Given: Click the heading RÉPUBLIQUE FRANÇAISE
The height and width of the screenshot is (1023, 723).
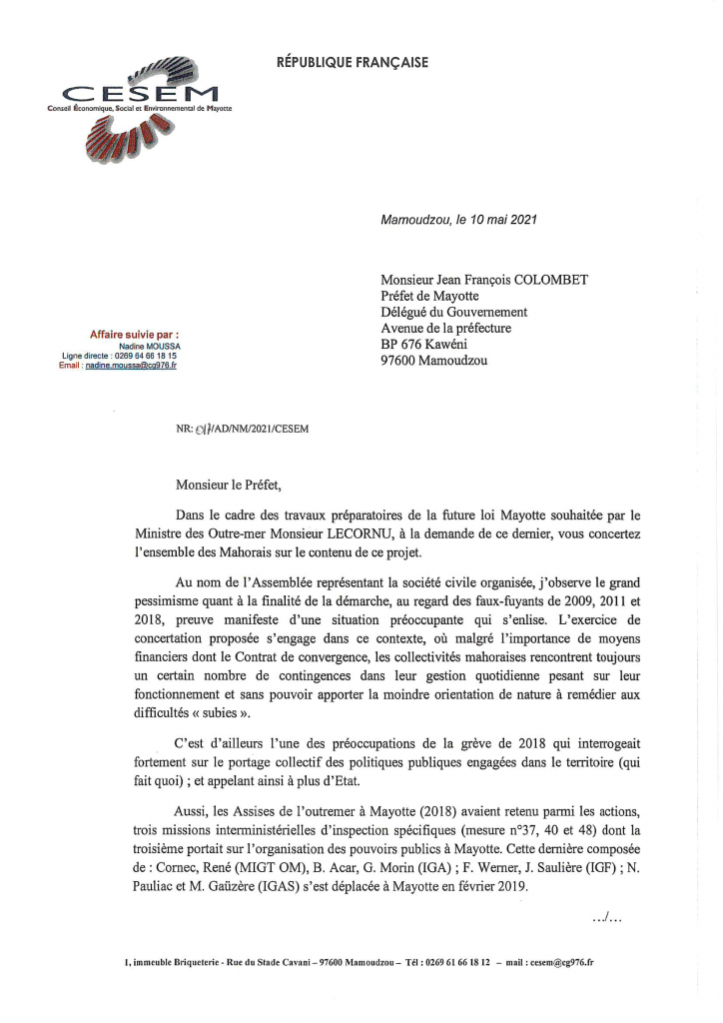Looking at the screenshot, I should pyautogui.click(x=352, y=63).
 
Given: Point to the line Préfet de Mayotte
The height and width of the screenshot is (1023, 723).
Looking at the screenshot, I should pyautogui.click(x=429, y=296).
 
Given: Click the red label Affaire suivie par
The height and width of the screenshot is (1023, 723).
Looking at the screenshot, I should pyautogui.click(x=135, y=334).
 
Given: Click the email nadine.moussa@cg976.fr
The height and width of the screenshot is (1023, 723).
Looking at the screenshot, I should pyautogui.click(x=131, y=367).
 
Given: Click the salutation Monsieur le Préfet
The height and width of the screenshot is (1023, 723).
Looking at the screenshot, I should pyautogui.click(x=229, y=487).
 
